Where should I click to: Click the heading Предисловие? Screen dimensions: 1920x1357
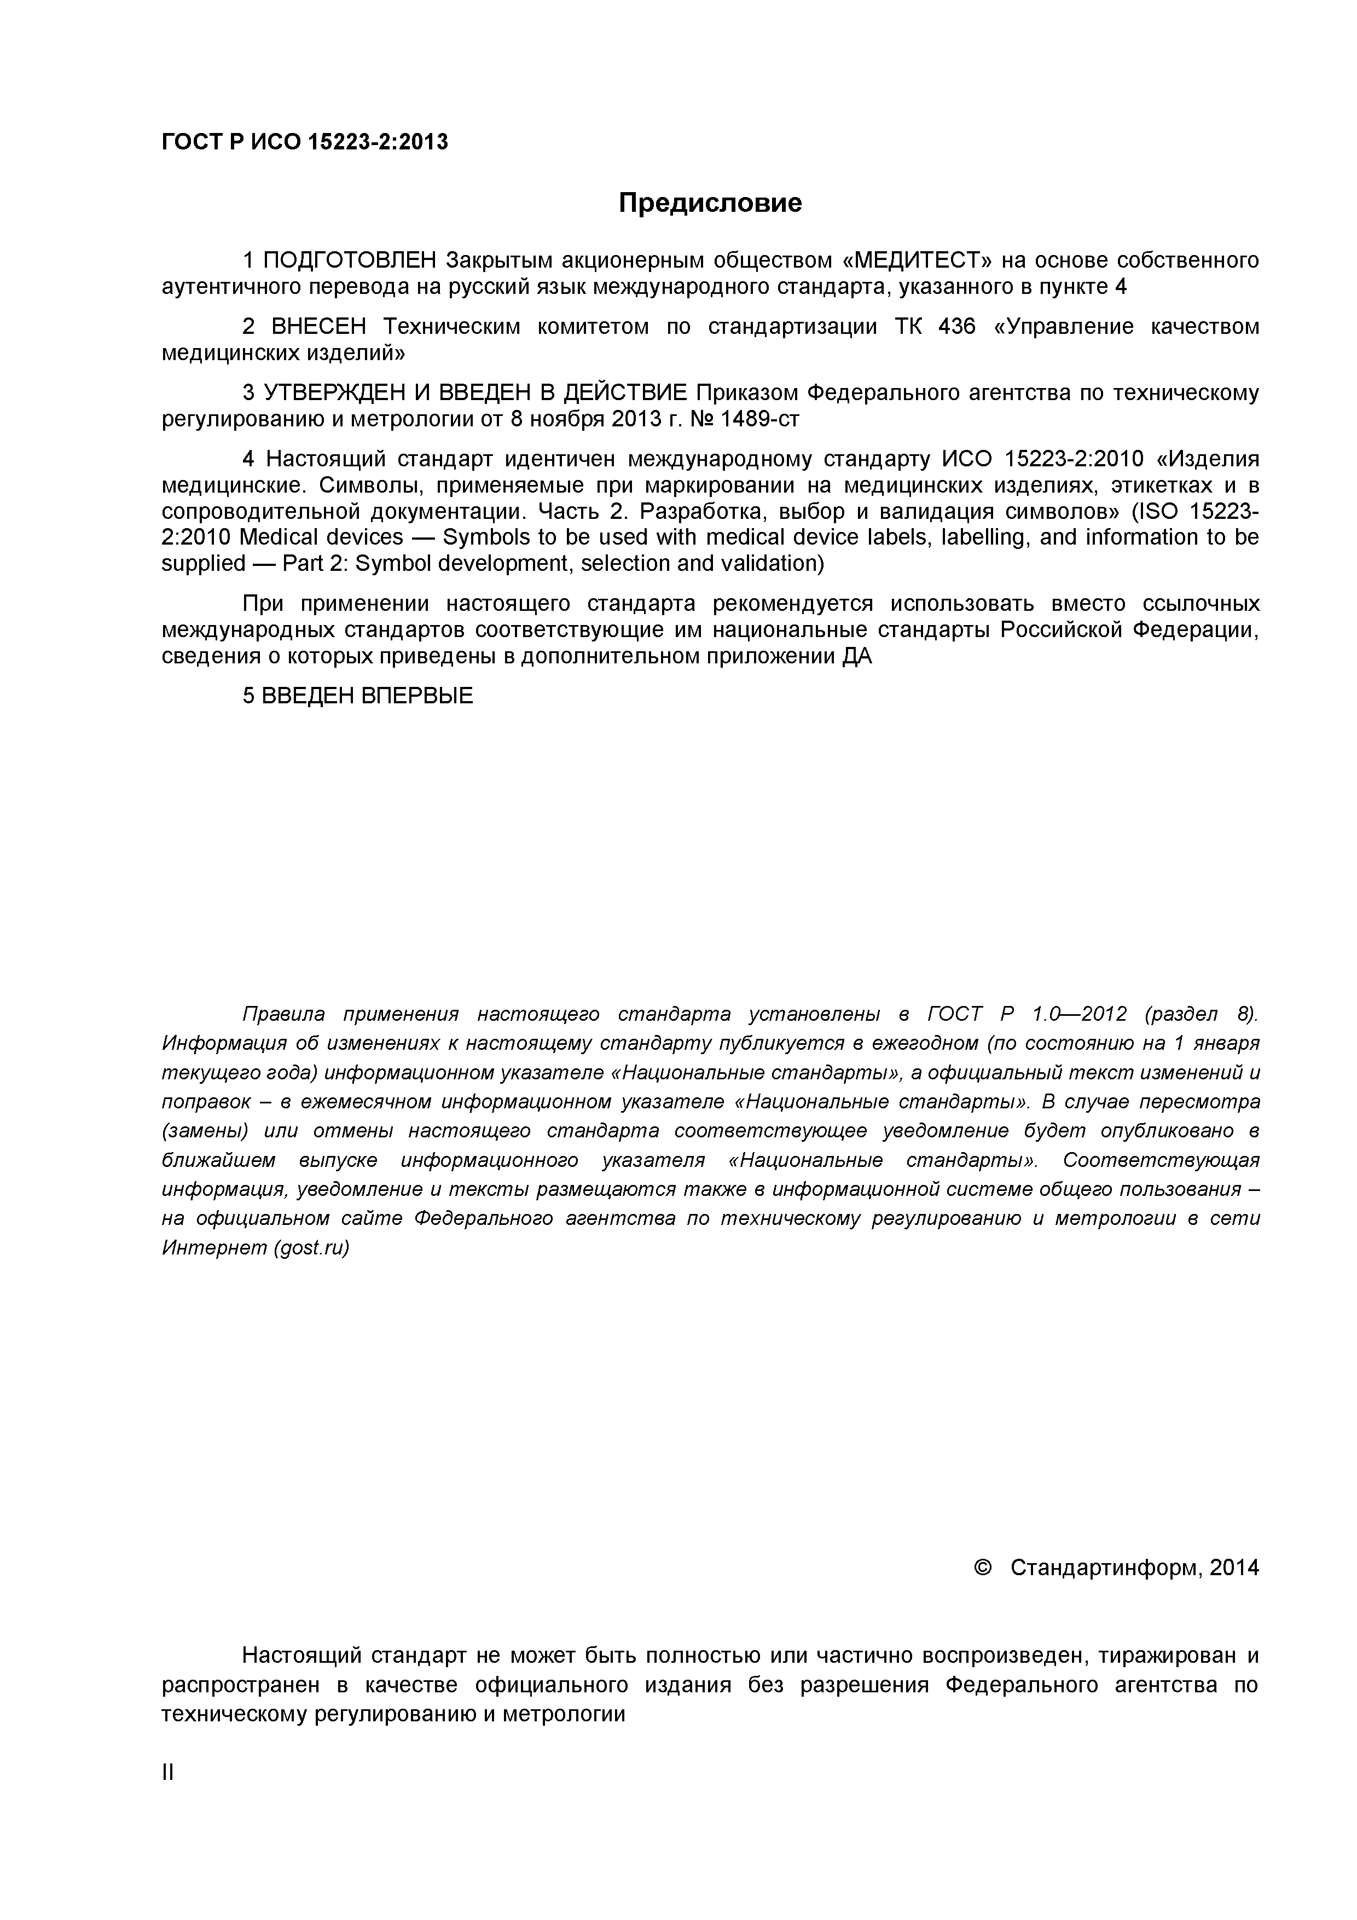709,203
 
